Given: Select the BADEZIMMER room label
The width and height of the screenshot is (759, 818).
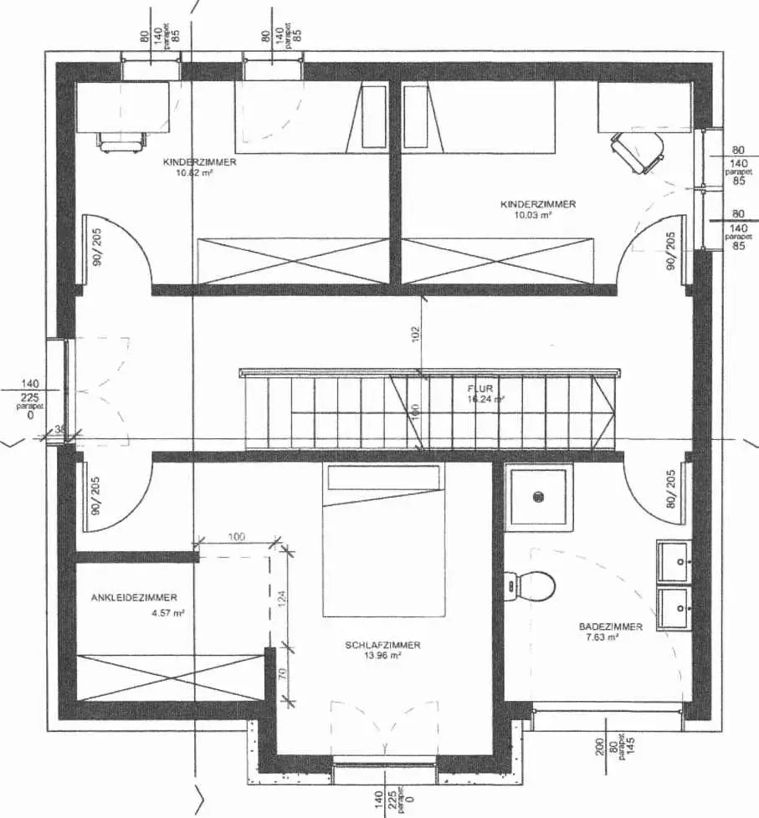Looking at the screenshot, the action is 610,626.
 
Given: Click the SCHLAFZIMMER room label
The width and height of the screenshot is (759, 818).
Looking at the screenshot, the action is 382,645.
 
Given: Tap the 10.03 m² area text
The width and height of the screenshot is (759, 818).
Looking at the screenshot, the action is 533,215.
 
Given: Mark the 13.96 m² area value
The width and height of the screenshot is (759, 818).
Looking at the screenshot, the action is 382,656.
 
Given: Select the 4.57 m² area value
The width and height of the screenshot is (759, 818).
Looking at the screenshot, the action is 168,613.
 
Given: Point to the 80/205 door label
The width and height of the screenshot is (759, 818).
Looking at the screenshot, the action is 670,490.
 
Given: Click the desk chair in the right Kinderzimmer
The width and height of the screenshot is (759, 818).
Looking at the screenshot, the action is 638,151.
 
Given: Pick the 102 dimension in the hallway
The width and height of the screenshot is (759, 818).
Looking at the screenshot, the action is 416,334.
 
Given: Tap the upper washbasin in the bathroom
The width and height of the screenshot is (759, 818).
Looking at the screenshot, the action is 674,560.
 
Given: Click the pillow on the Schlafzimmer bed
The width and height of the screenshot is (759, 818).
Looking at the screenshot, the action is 382,478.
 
